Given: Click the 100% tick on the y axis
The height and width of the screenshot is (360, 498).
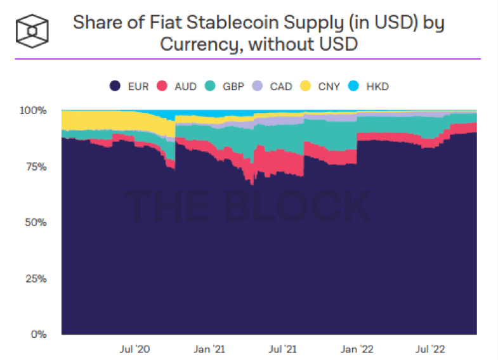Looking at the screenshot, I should coord(34,110).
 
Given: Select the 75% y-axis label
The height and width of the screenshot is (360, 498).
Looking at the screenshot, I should coord(37,167).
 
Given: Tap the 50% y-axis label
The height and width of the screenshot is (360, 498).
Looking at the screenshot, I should coord(37,222).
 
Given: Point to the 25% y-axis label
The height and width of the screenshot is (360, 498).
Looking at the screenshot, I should coord(37,278).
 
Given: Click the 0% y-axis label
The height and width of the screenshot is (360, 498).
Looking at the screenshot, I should coord(39,334).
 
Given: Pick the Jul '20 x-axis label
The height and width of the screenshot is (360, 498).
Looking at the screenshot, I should coord(134,349).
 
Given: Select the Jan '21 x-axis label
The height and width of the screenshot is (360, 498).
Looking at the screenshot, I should coord(209,349).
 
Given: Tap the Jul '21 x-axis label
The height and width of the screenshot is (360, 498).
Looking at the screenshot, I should coord(284,349).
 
